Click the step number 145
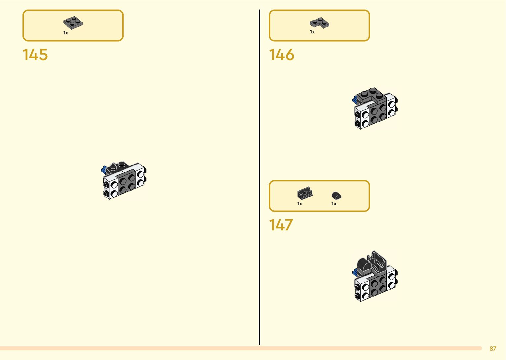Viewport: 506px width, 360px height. pos(35,55)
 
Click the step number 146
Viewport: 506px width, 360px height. pos(281,55)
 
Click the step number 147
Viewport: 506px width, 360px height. pos(281,225)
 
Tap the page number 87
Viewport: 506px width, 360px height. pos(493,348)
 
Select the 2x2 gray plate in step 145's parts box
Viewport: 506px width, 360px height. pos(73,23)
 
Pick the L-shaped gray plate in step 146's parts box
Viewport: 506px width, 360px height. pos(319,22)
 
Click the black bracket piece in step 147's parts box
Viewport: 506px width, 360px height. pos(305,193)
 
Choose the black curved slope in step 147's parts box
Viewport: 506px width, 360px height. pos(336,195)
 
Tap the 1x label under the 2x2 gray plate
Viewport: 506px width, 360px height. pos(66,33)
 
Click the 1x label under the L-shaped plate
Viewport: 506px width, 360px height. pos(312,32)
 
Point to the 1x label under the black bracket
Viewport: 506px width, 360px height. pos(300,204)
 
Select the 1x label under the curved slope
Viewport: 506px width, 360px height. pos(334,204)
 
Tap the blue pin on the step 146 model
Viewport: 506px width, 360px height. pos(354,99)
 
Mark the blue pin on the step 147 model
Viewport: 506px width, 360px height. pos(355,272)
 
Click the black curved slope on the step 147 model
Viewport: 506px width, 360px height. pos(364,266)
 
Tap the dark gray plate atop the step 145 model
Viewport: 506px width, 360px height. pos(118,167)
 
